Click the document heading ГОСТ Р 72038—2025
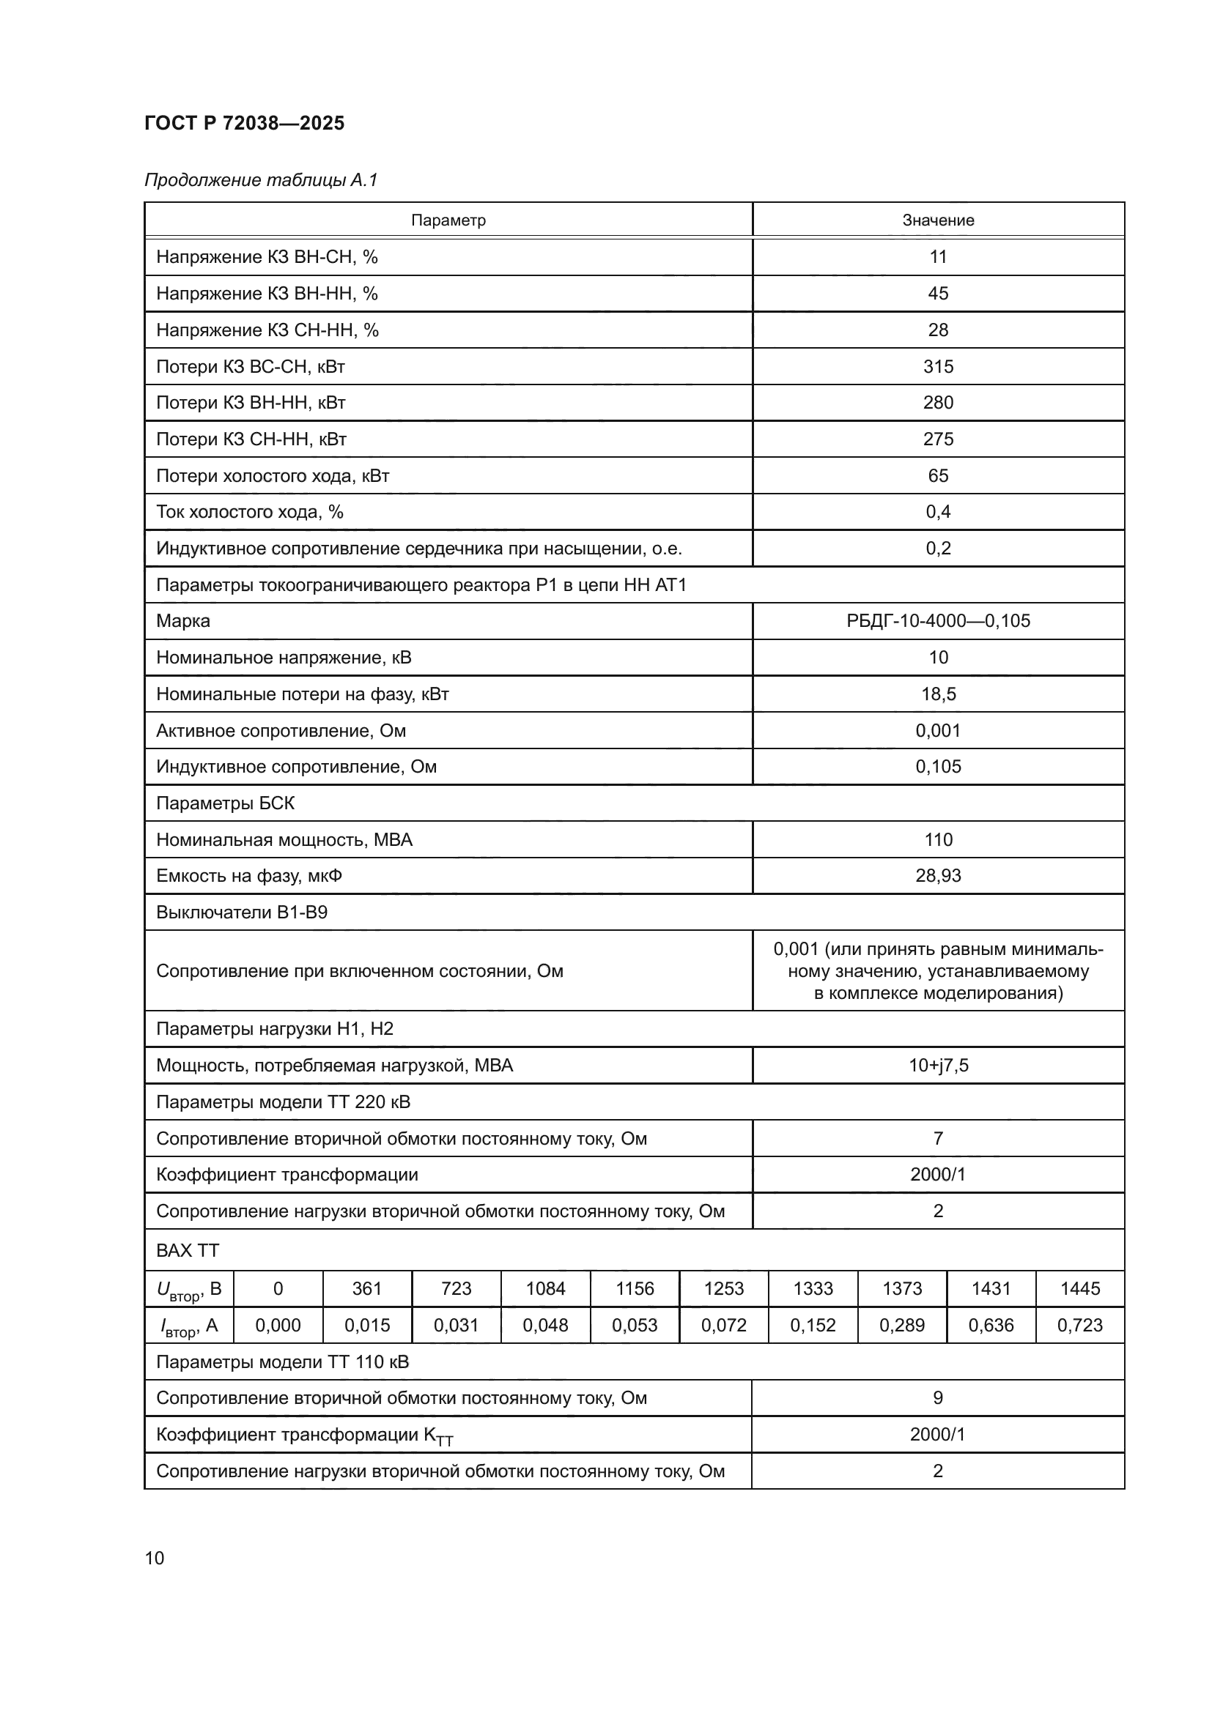(x=244, y=123)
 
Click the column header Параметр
(x=448, y=220)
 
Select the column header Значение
(x=937, y=220)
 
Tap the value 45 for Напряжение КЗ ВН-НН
(x=937, y=293)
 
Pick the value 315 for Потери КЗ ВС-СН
(x=937, y=366)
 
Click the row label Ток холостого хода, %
(x=249, y=512)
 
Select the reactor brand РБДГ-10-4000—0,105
(x=937, y=621)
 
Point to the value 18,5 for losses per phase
(x=937, y=694)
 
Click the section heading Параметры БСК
(x=225, y=803)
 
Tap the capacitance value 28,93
(x=937, y=876)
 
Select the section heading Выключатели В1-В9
(x=241, y=913)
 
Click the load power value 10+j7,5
(x=937, y=1066)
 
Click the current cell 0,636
(x=991, y=1325)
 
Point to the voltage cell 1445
(x=1079, y=1288)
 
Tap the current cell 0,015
(x=366, y=1325)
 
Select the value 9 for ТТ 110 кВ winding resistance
(x=937, y=1398)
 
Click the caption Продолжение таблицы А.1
(x=261, y=180)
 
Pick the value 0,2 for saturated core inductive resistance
(x=937, y=549)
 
